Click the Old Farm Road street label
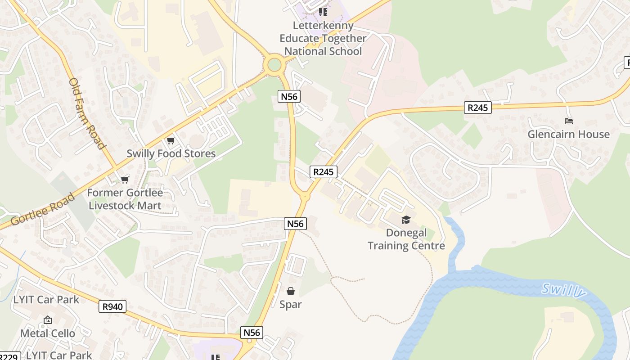coord(87,113)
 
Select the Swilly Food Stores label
coord(171,153)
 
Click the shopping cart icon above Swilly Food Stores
coord(171,141)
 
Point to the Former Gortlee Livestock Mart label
coord(125,199)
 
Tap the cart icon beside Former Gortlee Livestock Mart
coord(125,180)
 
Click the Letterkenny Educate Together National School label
coord(323,38)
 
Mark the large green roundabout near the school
coord(274,65)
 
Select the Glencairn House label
coord(568,134)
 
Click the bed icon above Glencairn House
coord(568,121)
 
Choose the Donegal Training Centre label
coord(406,239)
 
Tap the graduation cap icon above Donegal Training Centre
coord(406,220)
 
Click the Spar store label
coord(291,305)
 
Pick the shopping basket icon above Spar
coord(291,291)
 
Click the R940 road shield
coord(112,307)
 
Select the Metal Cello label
coord(47,333)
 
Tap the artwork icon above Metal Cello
coord(47,320)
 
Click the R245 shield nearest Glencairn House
coord(477,108)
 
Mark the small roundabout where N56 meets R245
coord(305,196)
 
